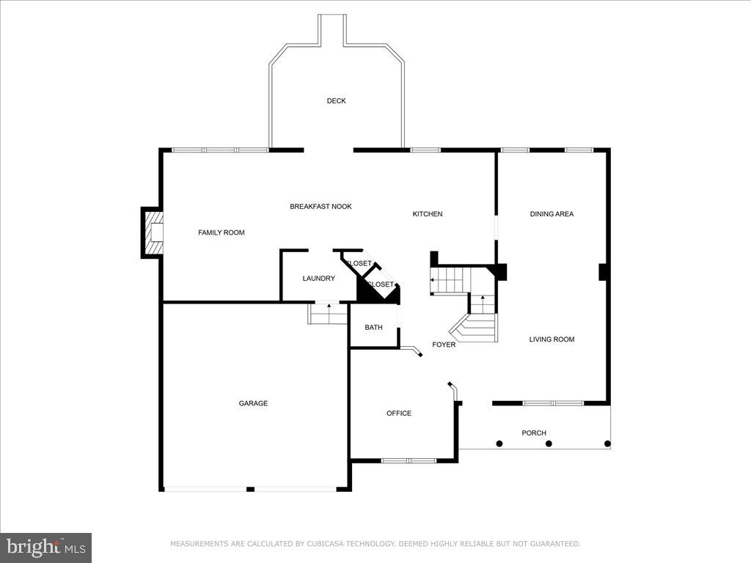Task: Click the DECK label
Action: point(336,101)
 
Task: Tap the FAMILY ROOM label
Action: point(221,232)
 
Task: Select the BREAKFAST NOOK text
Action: point(320,207)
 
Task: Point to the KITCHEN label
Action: point(427,214)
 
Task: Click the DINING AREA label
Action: point(552,214)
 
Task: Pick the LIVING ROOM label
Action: point(552,339)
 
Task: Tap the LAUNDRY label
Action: point(318,279)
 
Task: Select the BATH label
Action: point(373,328)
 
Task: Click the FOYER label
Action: point(443,345)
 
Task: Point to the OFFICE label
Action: point(399,413)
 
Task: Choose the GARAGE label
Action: point(253,403)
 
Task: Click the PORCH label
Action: point(533,433)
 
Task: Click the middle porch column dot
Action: point(549,444)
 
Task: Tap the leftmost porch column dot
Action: point(499,444)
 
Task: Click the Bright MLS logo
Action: point(45,547)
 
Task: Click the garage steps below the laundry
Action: point(328,314)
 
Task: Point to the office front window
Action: point(409,460)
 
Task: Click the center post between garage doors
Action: point(251,489)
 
